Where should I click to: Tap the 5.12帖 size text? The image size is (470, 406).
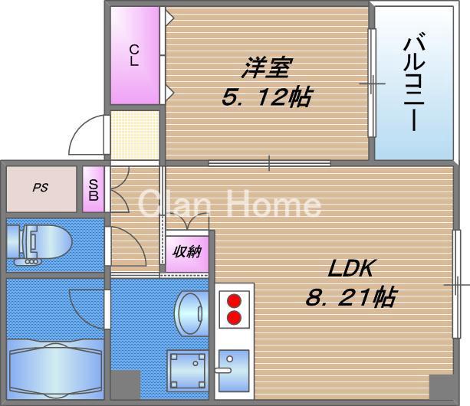click(x=265, y=97)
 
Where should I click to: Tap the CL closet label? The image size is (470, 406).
click(x=134, y=56)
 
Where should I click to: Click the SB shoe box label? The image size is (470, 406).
click(x=93, y=189)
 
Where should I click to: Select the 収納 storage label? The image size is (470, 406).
click(x=186, y=251)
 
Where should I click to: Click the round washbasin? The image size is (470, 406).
click(x=189, y=311)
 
